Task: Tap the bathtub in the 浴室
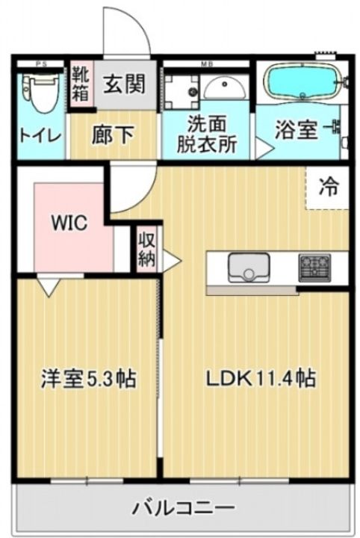click(x=302, y=83)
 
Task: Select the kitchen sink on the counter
click(x=249, y=267)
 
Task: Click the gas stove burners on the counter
click(x=314, y=267)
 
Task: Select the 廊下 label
click(x=113, y=134)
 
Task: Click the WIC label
click(x=69, y=223)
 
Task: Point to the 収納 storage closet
click(x=145, y=249)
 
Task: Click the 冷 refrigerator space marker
click(x=328, y=187)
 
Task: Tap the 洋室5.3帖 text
click(x=87, y=379)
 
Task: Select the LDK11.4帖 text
click(x=260, y=379)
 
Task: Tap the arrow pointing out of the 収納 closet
click(x=171, y=261)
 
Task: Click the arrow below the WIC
click(x=49, y=285)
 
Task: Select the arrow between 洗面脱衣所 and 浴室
click(x=262, y=149)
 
